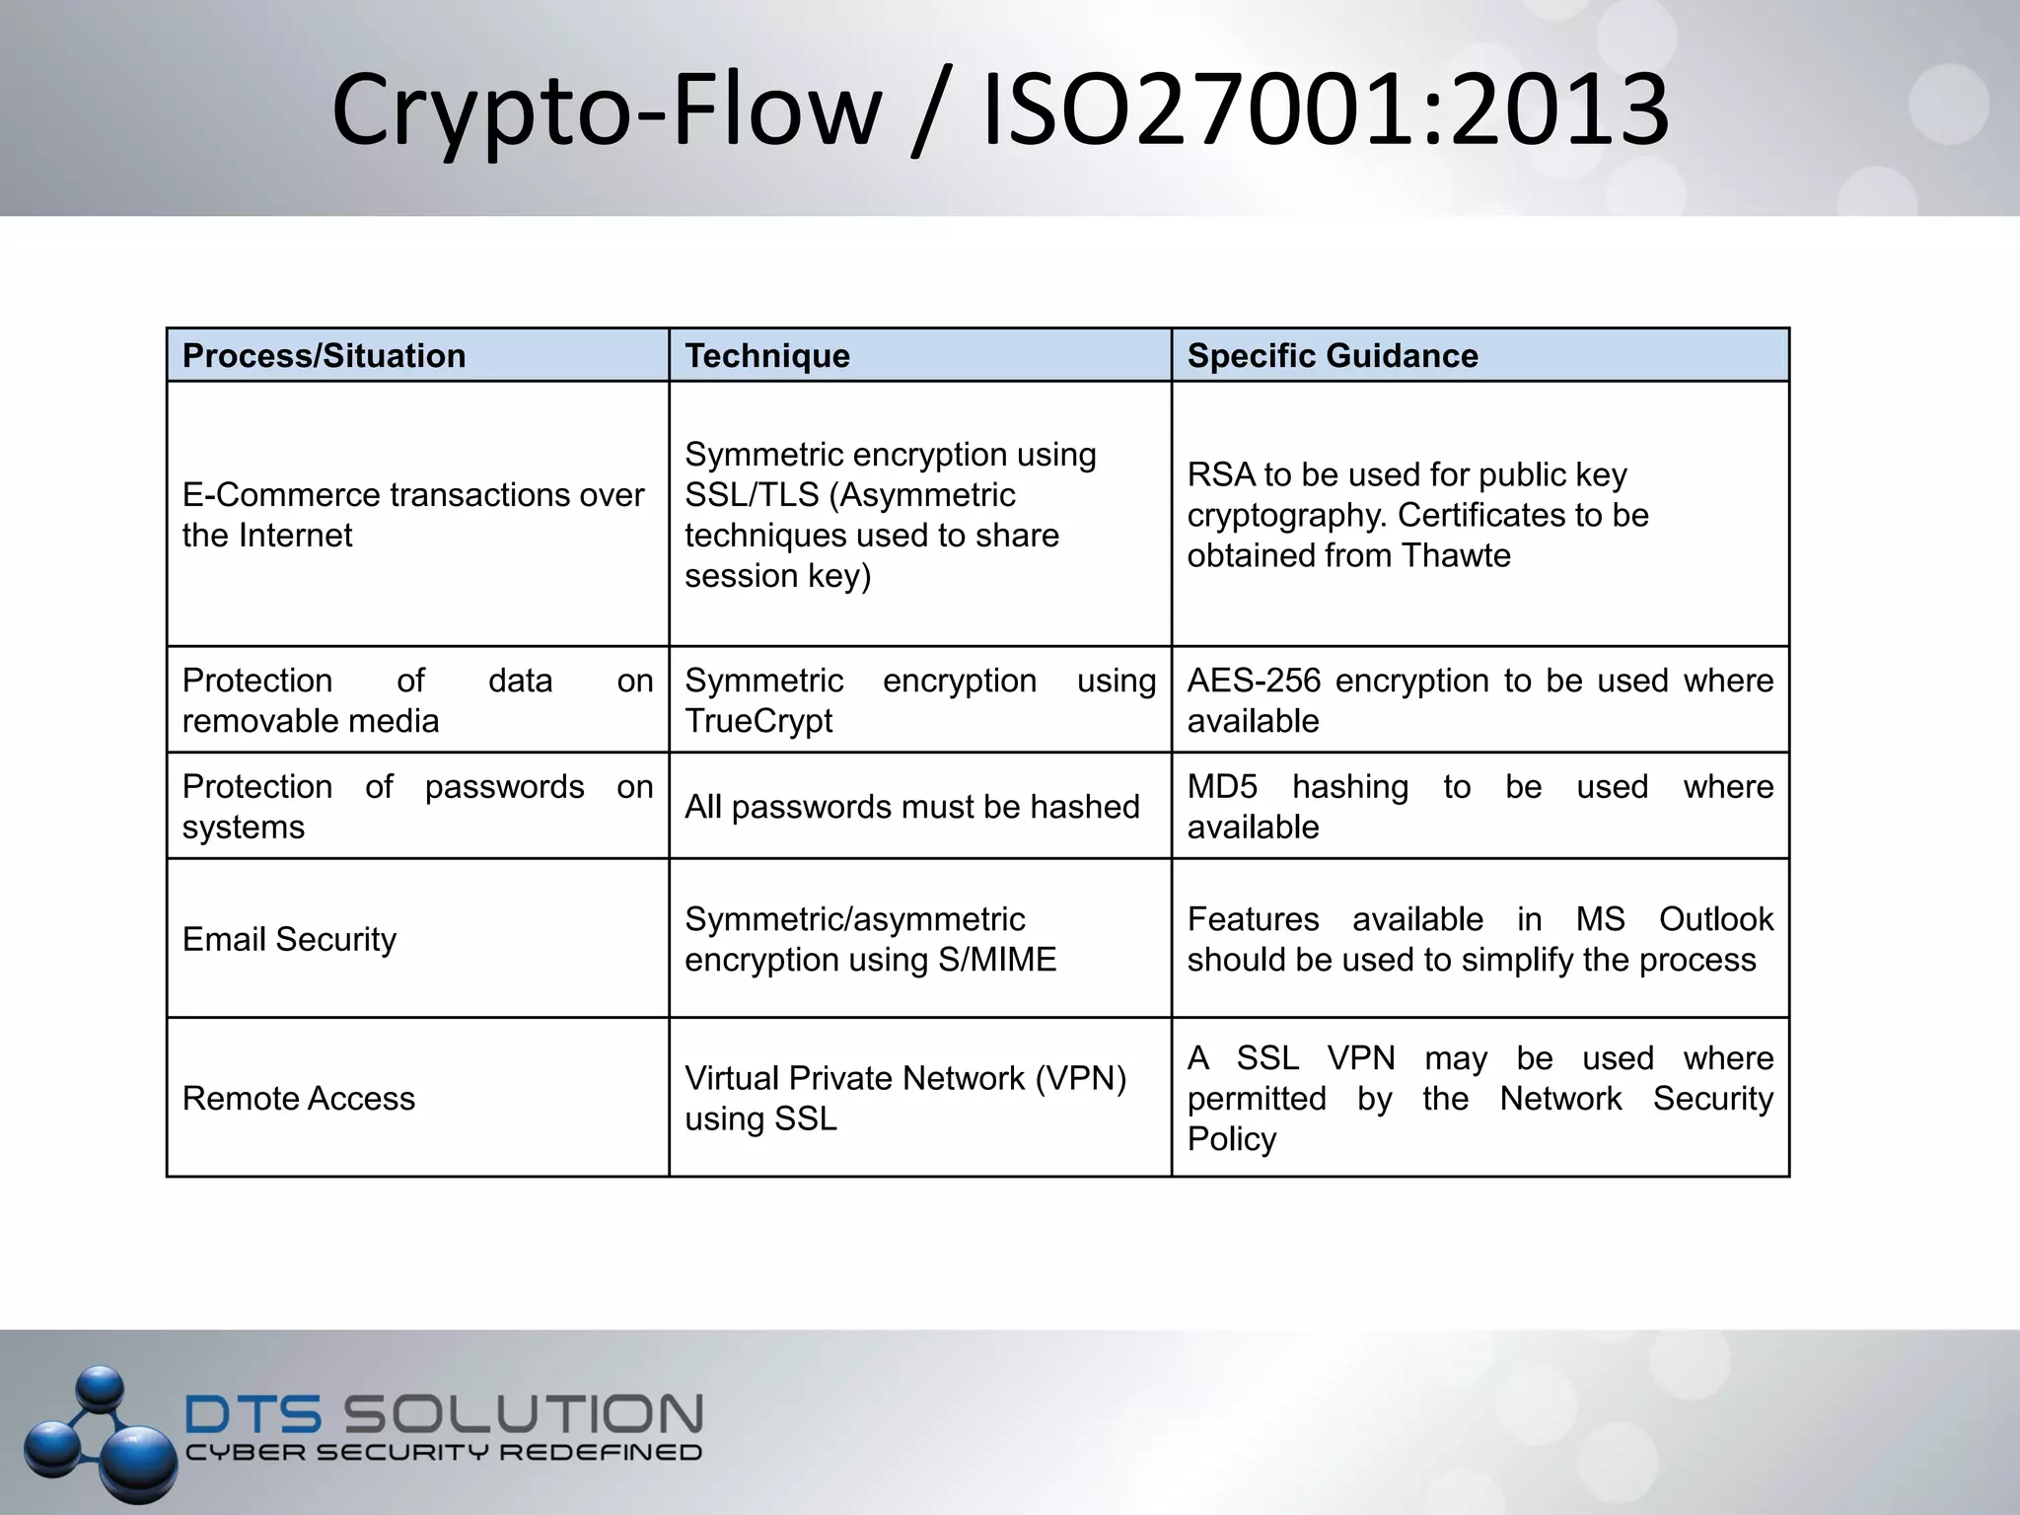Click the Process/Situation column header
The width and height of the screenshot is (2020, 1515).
324,356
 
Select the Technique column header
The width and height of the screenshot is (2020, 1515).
767,356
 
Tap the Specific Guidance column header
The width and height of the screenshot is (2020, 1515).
1332,356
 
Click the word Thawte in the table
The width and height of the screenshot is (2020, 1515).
1455,555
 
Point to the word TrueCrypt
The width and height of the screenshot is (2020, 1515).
758,721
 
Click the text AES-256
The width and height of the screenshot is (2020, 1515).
1253,681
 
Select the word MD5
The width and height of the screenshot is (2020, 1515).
1222,787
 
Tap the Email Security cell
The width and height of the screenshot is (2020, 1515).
289,939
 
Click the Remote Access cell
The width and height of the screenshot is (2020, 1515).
299,1099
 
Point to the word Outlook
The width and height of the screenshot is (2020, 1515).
1715,919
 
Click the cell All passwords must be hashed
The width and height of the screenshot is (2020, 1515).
911,807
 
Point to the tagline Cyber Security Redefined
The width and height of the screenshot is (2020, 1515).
444,1453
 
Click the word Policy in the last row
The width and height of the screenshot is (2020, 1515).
1231,1139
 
